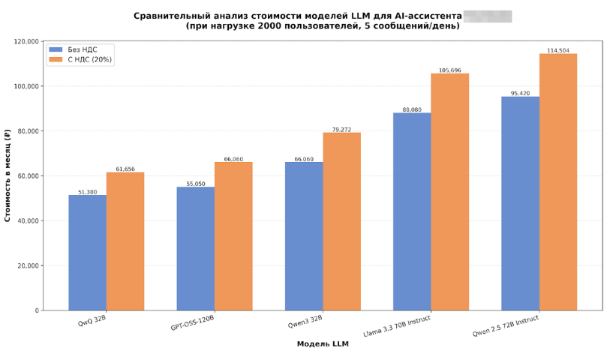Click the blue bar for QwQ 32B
tap(87, 253)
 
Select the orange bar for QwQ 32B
tap(125, 241)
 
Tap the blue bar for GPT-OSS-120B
tap(196, 248)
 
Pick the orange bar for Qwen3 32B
tap(341, 221)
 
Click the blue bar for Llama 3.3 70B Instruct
tap(412, 211)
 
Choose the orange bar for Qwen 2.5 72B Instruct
tap(558, 182)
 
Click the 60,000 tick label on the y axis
tap(28, 176)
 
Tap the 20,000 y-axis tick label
tap(28, 265)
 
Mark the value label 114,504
tap(558, 50)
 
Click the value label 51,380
tap(87, 192)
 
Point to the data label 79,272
tap(341, 129)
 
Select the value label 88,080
tap(412, 109)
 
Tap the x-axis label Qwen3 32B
tap(305, 322)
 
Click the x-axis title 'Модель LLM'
tap(323, 344)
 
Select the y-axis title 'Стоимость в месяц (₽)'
tap(8, 175)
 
